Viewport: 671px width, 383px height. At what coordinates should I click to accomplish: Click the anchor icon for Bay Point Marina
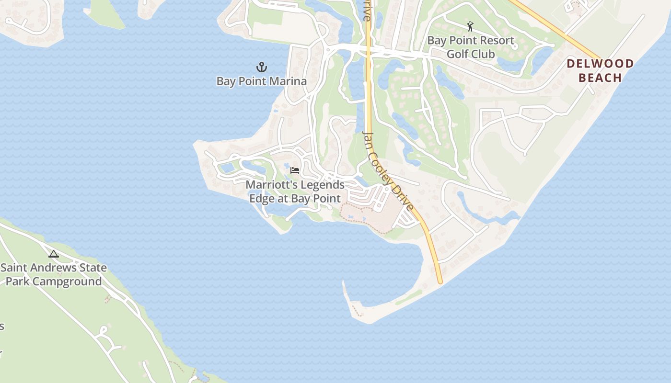click(262, 67)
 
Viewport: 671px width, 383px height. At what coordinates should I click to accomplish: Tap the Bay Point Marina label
click(262, 81)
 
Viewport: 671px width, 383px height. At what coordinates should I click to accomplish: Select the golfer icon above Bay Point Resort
click(470, 26)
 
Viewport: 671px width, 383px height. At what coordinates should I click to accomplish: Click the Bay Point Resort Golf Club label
click(471, 47)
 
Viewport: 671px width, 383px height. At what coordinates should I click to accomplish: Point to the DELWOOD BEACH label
click(600, 70)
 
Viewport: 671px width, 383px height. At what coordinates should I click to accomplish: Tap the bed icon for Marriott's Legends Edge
click(295, 170)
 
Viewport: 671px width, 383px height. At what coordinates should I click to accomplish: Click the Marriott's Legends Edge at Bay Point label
click(295, 191)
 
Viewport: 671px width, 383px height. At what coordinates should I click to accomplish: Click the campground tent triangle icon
click(54, 254)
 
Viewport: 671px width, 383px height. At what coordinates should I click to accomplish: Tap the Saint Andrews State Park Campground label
click(54, 274)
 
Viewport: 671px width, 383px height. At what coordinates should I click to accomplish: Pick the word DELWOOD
click(600, 64)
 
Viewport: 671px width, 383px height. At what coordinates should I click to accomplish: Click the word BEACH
click(600, 78)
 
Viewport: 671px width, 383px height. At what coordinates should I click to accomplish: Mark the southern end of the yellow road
click(440, 281)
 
